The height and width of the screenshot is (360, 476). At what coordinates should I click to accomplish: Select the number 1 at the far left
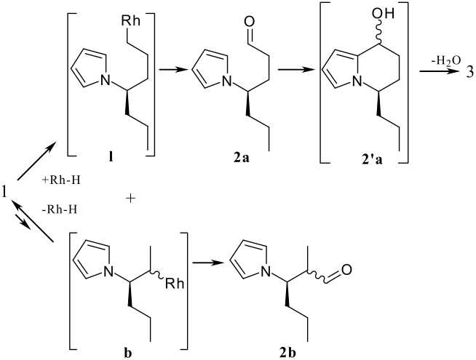pyautogui.click(x=5, y=193)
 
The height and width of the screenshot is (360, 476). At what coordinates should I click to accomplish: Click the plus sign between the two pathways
pyautogui.click(x=132, y=197)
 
